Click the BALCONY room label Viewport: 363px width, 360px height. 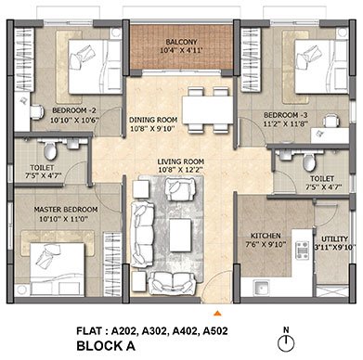(x=181, y=42)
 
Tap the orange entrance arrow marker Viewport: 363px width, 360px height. (x=217, y=314)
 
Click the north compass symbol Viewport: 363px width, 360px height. (x=286, y=343)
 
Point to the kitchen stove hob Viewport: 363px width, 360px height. (x=303, y=251)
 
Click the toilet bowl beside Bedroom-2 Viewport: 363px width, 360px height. (x=50, y=150)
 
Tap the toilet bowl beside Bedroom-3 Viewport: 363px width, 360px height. (x=309, y=162)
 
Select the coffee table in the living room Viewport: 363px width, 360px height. (x=180, y=232)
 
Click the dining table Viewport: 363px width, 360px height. (x=208, y=110)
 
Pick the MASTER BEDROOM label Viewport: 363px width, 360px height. (x=66, y=210)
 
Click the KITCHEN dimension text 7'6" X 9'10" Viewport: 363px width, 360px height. (x=266, y=244)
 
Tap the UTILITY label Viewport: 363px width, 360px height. (x=334, y=239)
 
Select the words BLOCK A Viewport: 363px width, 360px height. (x=106, y=346)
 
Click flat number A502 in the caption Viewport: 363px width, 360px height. (x=215, y=331)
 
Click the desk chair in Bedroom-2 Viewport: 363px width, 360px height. (x=37, y=112)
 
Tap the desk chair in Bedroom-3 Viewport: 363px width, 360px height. (x=331, y=121)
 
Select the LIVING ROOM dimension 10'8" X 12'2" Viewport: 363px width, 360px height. (x=180, y=170)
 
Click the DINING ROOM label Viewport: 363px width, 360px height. (x=153, y=120)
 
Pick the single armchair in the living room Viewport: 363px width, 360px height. (x=180, y=188)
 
